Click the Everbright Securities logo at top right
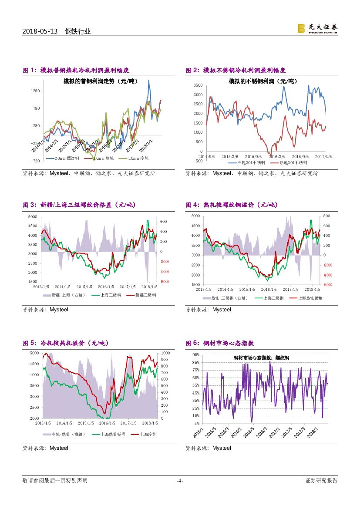[x=317, y=28]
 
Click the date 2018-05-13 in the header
[x=40, y=31]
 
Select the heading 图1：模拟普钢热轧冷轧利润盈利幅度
[x=76, y=71]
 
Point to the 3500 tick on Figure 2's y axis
[x=198, y=85]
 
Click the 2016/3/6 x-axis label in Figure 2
[x=276, y=156]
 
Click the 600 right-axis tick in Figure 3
[x=164, y=221]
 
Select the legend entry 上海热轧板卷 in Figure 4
[x=310, y=298]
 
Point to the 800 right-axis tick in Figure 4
[x=326, y=216]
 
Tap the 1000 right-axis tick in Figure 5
[x=165, y=353]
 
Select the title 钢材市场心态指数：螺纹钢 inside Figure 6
[x=261, y=357]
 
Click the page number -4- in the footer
[x=180, y=481]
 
